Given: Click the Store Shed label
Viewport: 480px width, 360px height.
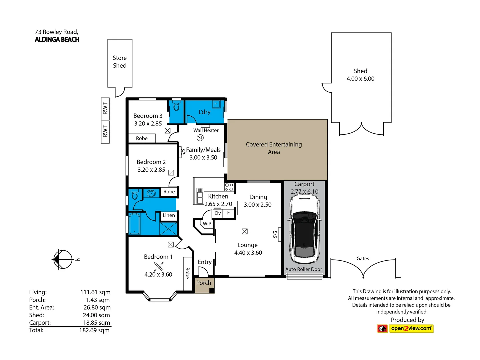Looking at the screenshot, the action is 120,62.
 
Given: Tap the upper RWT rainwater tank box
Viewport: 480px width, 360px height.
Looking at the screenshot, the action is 105,109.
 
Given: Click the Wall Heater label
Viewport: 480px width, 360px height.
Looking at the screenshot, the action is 206,130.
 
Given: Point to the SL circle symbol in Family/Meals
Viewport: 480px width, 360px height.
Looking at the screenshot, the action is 200,138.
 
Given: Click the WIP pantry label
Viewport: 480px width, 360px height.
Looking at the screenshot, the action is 207,224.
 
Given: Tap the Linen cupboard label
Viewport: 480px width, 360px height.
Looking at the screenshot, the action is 169,215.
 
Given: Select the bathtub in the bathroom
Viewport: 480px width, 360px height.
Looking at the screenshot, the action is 134,224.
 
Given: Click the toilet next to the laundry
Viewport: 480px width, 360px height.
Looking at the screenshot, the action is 176,106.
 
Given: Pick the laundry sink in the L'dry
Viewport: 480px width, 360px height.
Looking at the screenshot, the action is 216,104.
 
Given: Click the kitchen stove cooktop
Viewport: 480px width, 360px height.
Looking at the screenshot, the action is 229,187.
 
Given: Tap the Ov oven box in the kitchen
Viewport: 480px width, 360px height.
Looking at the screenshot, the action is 218,213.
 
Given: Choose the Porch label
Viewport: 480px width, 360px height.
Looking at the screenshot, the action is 204,283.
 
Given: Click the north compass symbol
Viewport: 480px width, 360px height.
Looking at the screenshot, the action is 63,259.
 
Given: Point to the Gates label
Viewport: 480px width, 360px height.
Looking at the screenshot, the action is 363,259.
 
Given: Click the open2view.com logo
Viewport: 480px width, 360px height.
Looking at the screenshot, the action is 405,329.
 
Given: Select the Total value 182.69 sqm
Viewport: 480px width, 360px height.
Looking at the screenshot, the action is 94,330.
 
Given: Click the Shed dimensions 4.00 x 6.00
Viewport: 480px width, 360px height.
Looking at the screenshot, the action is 360,79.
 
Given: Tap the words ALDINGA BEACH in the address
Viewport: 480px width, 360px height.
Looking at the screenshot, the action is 57,40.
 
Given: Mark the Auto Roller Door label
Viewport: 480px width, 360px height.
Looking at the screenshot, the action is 304,269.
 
